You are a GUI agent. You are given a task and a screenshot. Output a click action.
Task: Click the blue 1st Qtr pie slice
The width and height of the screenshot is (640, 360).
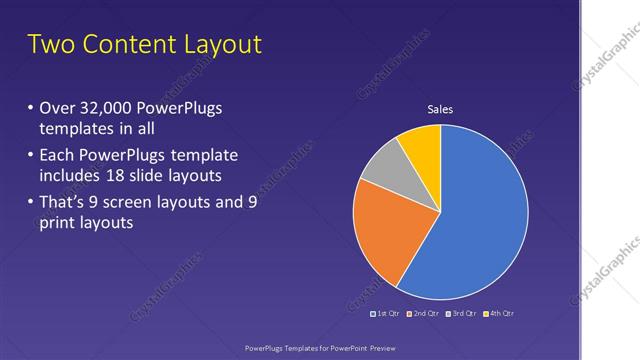click(x=480, y=220)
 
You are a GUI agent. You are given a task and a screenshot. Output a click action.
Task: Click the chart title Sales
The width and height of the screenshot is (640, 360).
click(x=441, y=109)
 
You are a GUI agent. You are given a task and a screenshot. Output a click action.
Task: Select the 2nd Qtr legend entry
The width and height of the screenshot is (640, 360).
click(x=425, y=313)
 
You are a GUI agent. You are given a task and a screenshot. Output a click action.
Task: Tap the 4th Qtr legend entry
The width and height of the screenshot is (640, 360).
click(x=498, y=313)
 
